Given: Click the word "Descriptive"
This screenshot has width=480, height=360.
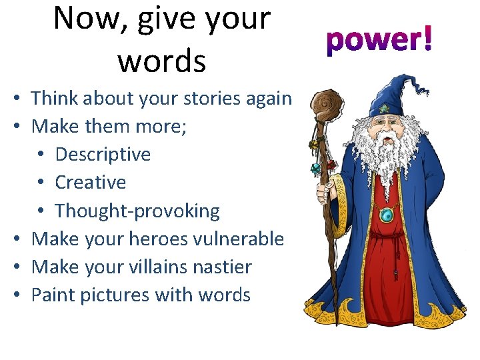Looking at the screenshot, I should tap(103, 154).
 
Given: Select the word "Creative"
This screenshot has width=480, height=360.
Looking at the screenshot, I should tap(91, 182).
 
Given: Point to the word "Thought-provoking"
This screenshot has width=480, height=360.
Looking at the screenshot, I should tap(137, 211).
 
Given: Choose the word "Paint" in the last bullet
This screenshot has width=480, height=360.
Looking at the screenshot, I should tap(54, 295).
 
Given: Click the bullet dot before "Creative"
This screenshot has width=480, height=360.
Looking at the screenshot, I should tap(41, 183).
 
